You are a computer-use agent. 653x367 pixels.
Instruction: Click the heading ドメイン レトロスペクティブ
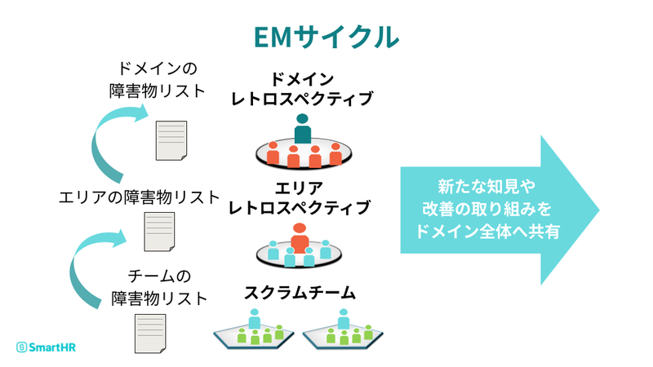click(301, 89)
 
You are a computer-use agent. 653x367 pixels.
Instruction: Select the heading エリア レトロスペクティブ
click(300, 197)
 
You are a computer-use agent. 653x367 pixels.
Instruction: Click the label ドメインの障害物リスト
click(158, 78)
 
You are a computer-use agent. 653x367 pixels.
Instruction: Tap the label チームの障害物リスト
click(158, 286)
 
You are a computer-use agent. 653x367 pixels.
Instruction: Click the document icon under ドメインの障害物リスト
click(170, 141)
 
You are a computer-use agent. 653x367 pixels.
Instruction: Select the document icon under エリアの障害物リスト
click(159, 232)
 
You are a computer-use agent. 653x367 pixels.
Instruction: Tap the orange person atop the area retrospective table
click(300, 237)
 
